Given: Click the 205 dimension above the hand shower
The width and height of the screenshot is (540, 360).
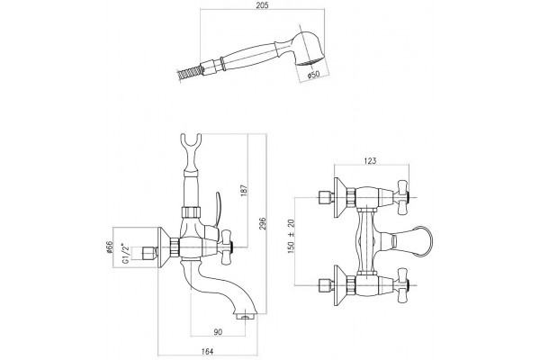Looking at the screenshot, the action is click(x=262, y=5).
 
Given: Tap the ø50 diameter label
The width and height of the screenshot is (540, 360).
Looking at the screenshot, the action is click(x=313, y=74).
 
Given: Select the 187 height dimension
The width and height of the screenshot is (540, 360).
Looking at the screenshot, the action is click(x=244, y=191).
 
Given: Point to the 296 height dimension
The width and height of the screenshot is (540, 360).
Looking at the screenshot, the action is click(x=263, y=224).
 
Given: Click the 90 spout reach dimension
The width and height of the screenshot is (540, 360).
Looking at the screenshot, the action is click(x=218, y=332).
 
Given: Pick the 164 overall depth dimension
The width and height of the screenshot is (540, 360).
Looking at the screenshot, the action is click(x=207, y=351).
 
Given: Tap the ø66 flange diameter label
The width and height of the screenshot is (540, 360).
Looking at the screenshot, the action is click(x=110, y=247).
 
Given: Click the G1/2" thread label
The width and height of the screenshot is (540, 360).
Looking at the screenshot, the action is click(x=126, y=253).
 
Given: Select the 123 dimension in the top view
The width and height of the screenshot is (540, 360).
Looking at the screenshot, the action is click(x=370, y=160).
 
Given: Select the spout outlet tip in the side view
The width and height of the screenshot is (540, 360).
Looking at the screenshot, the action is click(x=245, y=316).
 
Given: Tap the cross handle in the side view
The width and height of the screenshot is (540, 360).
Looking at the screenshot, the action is click(x=228, y=248).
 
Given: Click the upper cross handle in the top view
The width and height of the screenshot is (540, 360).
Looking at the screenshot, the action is click(x=402, y=197).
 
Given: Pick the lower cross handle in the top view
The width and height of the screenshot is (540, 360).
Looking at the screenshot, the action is click(x=402, y=285).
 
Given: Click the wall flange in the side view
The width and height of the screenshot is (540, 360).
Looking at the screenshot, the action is click(x=165, y=247).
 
